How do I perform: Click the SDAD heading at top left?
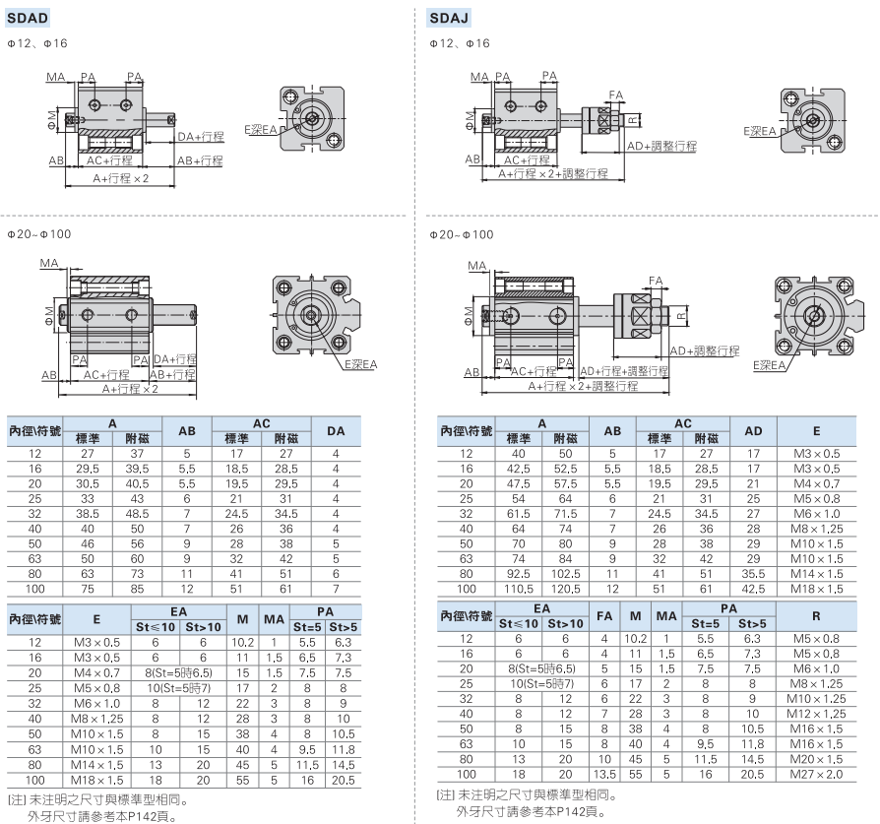click(x=29, y=18)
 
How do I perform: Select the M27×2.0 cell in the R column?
click(x=816, y=774)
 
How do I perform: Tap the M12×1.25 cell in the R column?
click(x=816, y=713)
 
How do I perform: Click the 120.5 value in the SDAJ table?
click(x=565, y=588)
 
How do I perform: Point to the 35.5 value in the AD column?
click(x=753, y=573)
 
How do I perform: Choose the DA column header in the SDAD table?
click(x=336, y=430)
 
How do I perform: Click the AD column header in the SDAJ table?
click(x=753, y=430)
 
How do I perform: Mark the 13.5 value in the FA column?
click(x=604, y=774)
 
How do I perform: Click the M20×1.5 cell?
click(x=816, y=759)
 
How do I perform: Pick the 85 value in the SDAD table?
click(x=138, y=589)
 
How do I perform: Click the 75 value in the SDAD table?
click(x=88, y=589)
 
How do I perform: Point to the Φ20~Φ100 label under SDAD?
click(x=38, y=234)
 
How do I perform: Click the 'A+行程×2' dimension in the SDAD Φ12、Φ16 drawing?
click(x=121, y=178)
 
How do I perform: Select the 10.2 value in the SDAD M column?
click(x=242, y=642)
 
